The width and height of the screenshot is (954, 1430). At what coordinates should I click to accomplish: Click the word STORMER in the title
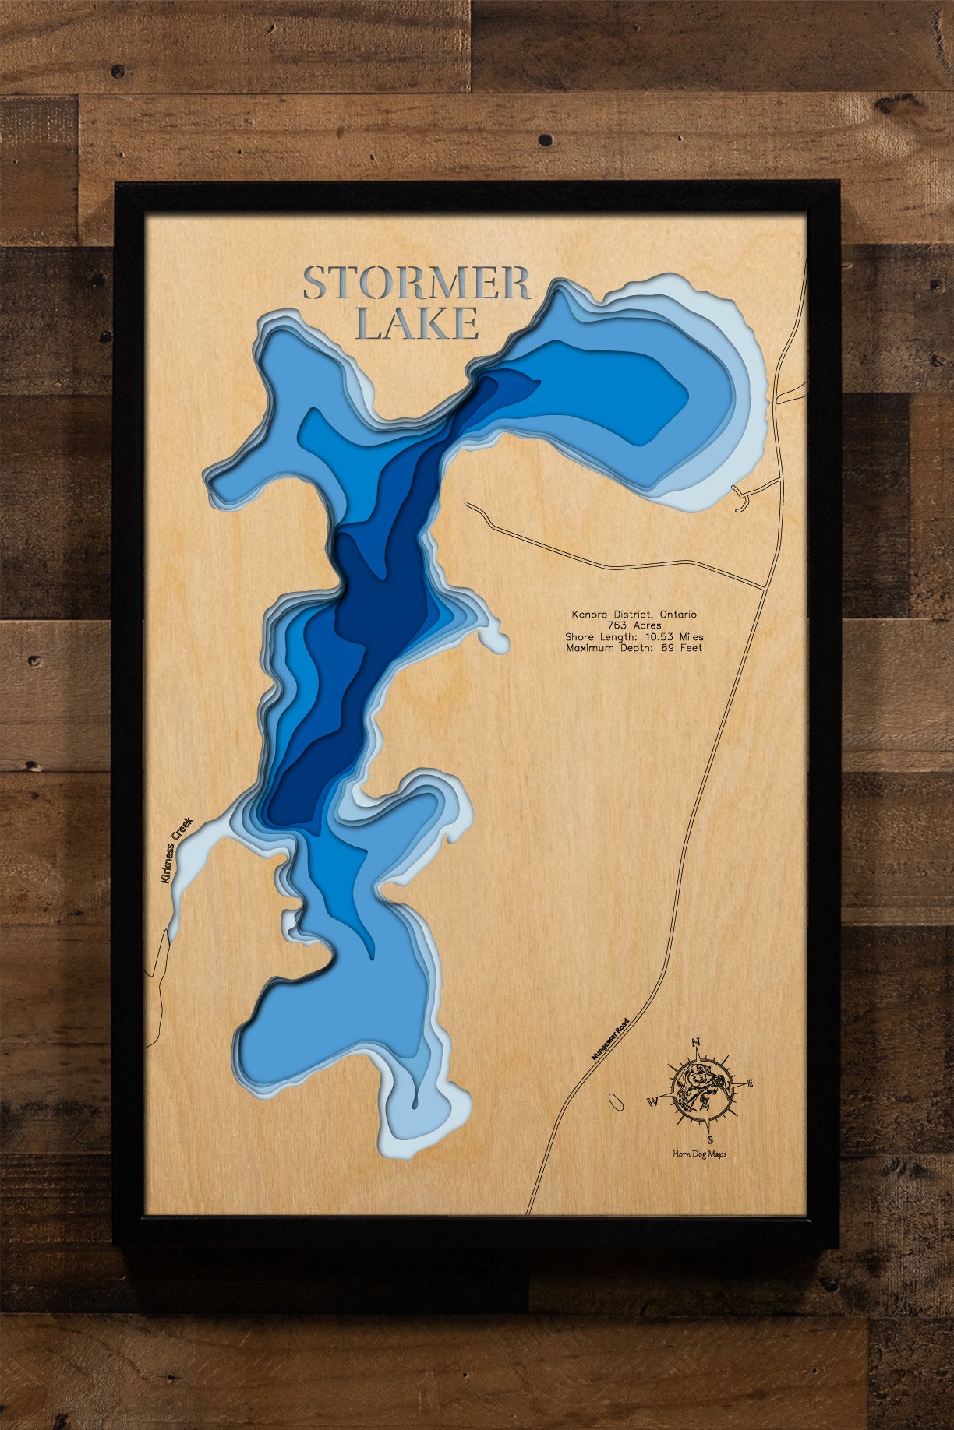(x=417, y=284)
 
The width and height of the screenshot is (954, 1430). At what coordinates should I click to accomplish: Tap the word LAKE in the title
(x=417, y=324)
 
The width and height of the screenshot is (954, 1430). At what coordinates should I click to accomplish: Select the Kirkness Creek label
(x=175, y=850)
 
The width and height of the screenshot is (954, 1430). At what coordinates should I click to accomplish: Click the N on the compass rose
(x=696, y=1042)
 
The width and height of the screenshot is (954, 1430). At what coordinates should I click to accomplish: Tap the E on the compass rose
(x=750, y=1083)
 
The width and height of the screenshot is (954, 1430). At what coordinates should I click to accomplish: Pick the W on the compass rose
(x=653, y=1102)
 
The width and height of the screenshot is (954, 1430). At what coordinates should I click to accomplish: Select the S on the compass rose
(x=709, y=1139)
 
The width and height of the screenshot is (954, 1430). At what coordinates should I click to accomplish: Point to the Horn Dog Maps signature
(x=699, y=1154)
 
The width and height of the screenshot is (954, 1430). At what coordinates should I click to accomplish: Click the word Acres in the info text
(x=647, y=625)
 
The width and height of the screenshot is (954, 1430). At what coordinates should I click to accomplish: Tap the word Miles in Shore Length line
(x=691, y=636)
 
